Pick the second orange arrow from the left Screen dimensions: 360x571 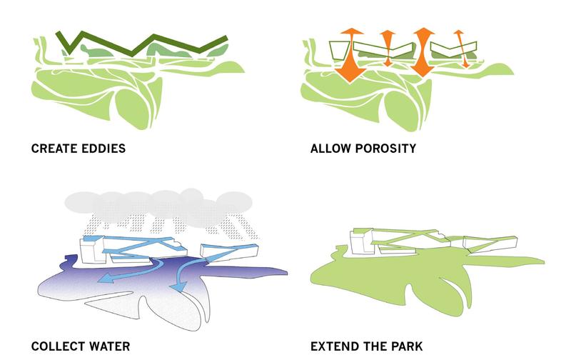tap(388, 49)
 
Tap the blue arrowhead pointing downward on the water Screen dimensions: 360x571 tap(180, 286)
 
